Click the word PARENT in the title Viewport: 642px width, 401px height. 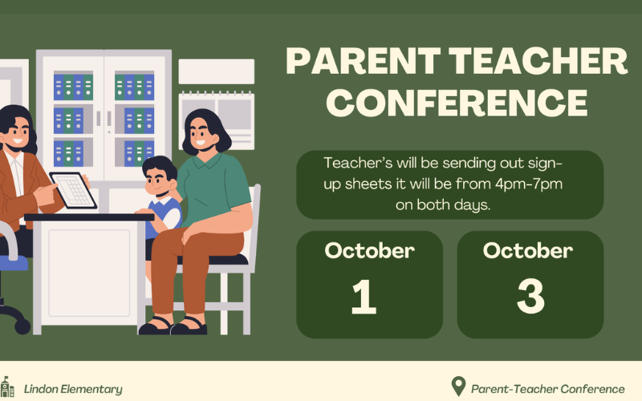pos(363,61)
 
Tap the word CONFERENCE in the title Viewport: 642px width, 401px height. pos(457,103)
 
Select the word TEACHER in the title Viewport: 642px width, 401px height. pos(538,61)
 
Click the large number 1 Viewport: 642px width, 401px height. pos(364,297)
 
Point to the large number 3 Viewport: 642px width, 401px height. pos(530,297)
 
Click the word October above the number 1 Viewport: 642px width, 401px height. pos(369,250)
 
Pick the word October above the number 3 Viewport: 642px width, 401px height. pos(528,250)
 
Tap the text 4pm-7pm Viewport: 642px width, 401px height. pos(529,184)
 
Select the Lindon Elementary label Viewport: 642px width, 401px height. pos(73,389)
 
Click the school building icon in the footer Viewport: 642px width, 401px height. pos(7,387)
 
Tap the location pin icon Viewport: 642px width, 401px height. pos(458,386)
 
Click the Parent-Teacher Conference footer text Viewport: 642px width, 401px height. pos(548,389)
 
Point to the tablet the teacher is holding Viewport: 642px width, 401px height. pos(73,190)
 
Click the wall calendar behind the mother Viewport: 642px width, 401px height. pos(217,121)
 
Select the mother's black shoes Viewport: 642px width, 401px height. pos(173,326)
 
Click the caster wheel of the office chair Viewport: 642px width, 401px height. pos(22,326)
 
